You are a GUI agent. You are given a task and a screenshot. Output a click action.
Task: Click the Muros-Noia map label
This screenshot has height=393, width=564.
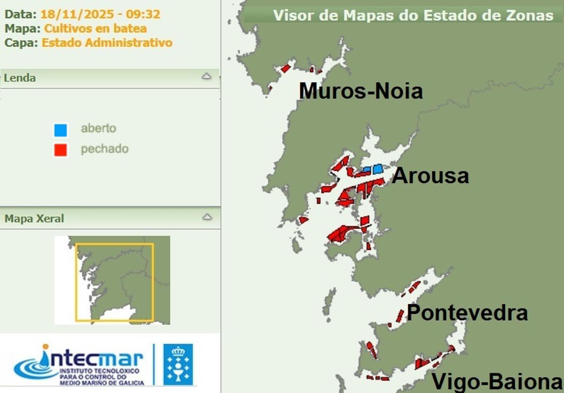coord(360,91)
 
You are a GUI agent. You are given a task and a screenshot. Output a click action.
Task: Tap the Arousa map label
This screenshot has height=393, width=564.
coord(430,176)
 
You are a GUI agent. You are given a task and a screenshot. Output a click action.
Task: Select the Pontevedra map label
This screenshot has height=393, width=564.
coord(467,313)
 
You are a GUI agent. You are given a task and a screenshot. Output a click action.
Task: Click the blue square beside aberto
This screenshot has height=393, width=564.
coord(60,129)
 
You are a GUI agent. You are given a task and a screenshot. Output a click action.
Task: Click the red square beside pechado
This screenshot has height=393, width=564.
coord(60,150)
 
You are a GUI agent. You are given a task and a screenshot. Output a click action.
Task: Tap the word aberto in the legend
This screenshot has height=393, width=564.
coord(98,128)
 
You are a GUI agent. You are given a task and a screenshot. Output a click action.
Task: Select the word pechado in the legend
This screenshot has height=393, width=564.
coord(104,149)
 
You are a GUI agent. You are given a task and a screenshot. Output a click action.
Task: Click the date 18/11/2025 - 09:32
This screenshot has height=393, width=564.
coord(100,14)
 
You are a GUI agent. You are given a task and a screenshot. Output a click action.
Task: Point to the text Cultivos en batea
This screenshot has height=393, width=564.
coord(95,28)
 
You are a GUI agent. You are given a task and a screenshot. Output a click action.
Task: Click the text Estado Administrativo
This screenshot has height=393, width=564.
coord(107,43)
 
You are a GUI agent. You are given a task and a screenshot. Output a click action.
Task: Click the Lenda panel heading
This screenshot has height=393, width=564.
coord(20,78)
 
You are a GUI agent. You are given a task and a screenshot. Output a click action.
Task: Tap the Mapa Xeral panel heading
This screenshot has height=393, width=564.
coord(34,218)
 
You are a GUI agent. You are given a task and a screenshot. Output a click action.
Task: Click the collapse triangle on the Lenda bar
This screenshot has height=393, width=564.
coord(206,76)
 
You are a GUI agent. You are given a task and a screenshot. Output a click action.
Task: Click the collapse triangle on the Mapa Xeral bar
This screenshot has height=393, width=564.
coord(206,217)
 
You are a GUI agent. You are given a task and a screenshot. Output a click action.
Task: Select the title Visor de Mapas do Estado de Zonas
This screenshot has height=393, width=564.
coord(413,15)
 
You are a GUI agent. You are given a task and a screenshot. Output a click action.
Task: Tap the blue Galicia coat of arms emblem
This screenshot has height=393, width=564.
coord(178,364)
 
